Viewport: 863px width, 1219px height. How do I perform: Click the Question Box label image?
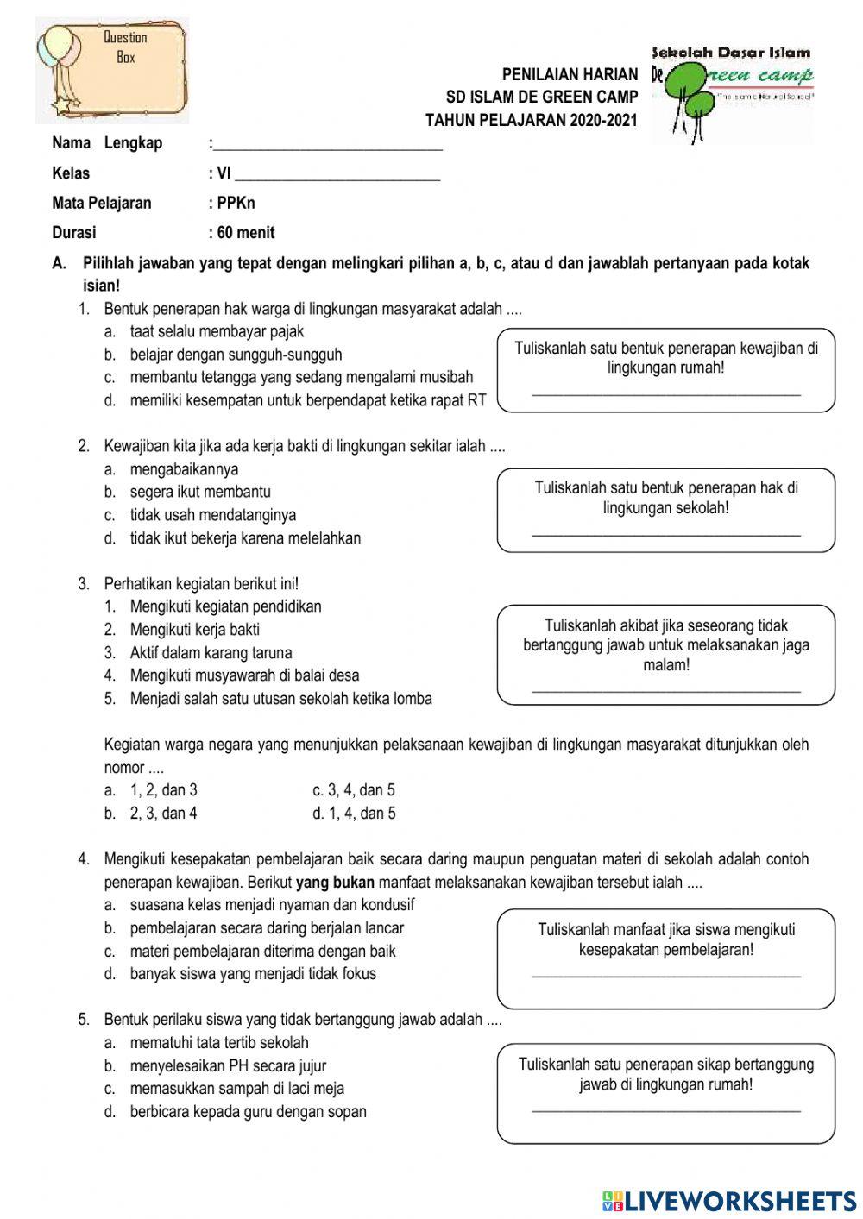(x=112, y=69)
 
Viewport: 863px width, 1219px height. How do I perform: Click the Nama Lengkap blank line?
(x=328, y=145)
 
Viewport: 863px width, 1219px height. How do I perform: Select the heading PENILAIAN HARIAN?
(x=570, y=75)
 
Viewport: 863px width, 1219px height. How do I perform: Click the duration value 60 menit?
(x=245, y=232)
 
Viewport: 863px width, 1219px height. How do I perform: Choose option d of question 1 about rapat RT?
(x=307, y=400)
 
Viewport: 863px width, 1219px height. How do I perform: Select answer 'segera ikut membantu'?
(x=200, y=492)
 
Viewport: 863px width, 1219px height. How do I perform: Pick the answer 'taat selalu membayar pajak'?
(x=217, y=331)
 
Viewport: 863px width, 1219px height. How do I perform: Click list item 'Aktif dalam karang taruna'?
(x=211, y=652)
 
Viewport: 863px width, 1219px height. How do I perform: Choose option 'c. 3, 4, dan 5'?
(x=354, y=789)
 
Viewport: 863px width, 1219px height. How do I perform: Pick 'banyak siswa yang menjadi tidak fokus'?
(x=253, y=974)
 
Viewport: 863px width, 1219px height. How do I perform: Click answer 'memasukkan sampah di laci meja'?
(x=236, y=1088)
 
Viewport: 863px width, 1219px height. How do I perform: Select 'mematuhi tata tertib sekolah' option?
(x=219, y=1042)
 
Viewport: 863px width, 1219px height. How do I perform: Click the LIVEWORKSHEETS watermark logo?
(x=729, y=1200)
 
